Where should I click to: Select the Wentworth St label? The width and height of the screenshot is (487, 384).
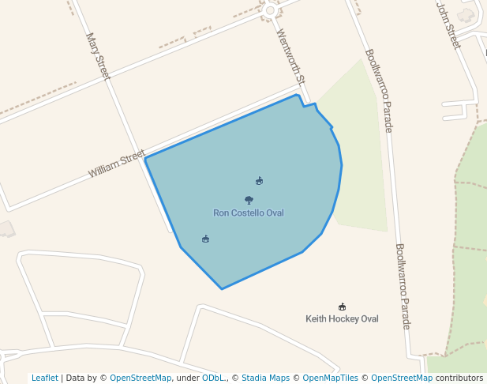click(290, 57)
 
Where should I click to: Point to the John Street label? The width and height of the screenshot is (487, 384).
click(448, 24)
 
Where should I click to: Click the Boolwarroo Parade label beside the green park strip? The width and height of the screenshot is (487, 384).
click(377, 91)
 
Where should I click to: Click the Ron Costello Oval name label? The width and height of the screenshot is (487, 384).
click(248, 213)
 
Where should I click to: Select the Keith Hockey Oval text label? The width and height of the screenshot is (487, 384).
click(342, 319)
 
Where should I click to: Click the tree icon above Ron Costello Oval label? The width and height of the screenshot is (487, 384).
click(249, 201)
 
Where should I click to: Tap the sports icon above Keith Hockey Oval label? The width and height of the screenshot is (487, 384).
click(342, 307)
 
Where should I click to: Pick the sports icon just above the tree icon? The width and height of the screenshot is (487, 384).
click(259, 181)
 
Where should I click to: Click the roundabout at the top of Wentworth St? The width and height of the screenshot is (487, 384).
click(271, 10)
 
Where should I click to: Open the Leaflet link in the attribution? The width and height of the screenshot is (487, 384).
click(44, 378)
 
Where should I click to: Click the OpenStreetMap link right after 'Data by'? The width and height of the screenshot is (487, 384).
click(140, 378)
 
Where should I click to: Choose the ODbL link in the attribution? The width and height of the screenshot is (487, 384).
click(213, 378)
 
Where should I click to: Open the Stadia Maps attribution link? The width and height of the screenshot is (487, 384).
click(265, 378)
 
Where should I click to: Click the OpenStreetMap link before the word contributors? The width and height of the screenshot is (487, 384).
click(402, 378)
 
